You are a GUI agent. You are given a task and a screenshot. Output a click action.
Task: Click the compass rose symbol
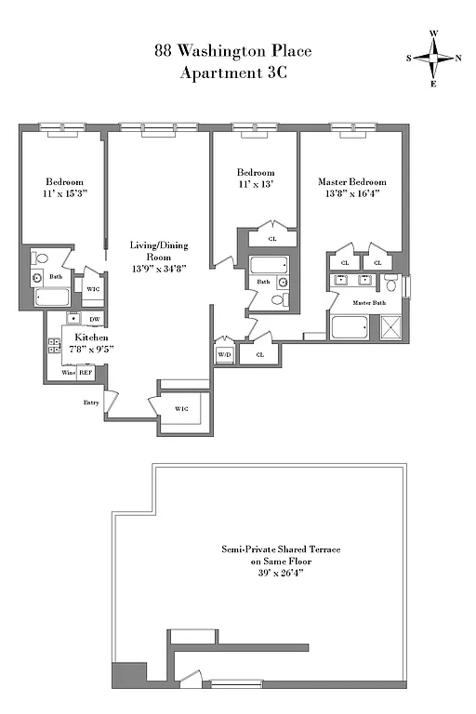[433, 58]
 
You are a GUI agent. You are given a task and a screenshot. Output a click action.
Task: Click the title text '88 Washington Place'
[233, 53]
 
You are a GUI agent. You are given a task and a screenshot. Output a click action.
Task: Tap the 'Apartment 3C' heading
[233, 73]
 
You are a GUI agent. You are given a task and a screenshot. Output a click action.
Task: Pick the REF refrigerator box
[85, 372]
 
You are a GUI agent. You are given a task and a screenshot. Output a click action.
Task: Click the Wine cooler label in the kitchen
[68, 372]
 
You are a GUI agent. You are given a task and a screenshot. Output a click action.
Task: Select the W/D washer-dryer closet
[224, 355]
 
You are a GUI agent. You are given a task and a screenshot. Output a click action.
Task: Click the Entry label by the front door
[91, 403]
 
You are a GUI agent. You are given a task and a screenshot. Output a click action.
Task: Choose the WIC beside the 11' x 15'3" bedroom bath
[92, 288]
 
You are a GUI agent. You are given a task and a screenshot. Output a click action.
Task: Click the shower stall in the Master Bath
[388, 328]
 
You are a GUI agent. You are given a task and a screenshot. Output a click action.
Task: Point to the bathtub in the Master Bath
[350, 329]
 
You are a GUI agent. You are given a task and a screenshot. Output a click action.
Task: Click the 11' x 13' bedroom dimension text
[255, 185]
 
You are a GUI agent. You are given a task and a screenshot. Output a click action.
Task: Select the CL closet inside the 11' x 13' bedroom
[272, 239]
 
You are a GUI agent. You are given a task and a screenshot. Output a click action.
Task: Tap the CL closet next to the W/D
[259, 354]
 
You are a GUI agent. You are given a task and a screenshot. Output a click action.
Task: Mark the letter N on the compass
[457, 58]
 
